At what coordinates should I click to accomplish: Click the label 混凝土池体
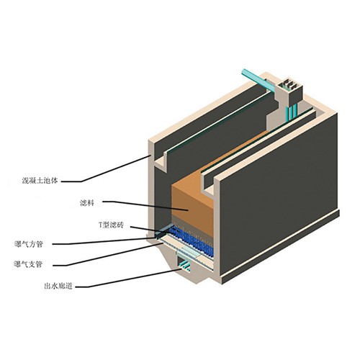pos(40,181)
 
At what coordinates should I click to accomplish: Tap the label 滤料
pos(87,203)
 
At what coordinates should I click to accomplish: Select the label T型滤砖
pos(112,225)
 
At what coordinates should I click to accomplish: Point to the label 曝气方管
pos(29,244)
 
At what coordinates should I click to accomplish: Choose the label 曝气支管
pos(29,264)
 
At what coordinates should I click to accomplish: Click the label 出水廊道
pos(58,286)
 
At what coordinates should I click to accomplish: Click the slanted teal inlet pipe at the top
pos(260,81)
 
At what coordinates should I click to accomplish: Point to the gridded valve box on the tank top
pos(292,89)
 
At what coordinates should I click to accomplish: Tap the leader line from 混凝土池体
pos(106,168)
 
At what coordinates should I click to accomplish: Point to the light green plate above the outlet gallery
pos(189,252)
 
